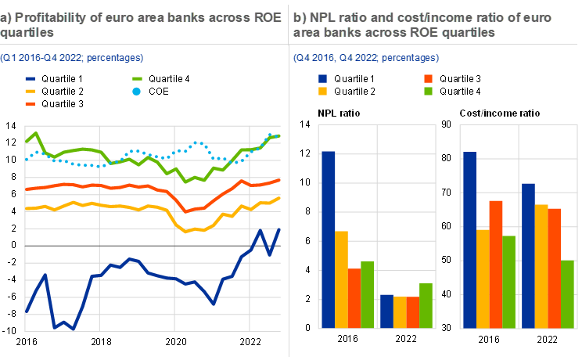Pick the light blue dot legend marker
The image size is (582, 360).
click(x=136, y=92)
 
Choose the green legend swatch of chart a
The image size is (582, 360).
click(x=136, y=79)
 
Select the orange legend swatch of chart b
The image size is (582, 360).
click(x=429, y=79)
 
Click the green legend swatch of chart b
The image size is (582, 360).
click(x=429, y=92)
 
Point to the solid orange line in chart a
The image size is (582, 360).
click(x=117, y=186)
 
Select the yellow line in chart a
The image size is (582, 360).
click(x=117, y=206)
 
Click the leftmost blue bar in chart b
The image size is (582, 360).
click(x=328, y=239)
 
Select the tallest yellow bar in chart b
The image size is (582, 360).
click(x=541, y=266)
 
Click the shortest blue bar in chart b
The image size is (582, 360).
click(x=386, y=311)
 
